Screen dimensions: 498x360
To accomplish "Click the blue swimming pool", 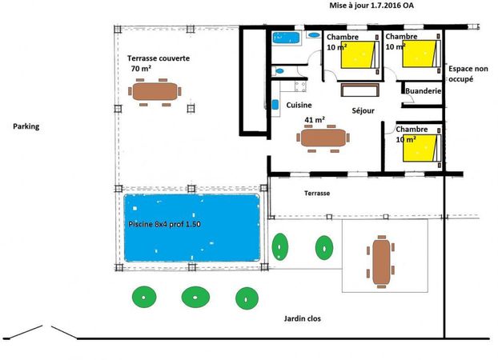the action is tap(192, 228).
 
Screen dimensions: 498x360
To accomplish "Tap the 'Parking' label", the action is tap(26, 126).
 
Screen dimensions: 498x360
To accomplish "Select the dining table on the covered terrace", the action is tap(155, 92).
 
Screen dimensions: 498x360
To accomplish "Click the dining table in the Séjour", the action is tap(323, 138).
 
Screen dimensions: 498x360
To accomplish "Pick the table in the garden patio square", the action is tap(381, 262).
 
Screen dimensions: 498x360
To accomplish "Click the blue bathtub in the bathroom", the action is tap(286, 38).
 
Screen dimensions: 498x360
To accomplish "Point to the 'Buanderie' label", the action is tap(424, 91).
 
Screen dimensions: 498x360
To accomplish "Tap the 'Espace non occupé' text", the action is tap(468, 74).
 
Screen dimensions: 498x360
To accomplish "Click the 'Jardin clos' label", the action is tap(303, 318).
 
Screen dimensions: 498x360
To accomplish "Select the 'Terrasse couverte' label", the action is tap(159, 58).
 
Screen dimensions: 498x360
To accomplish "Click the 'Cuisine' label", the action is tap(299, 105).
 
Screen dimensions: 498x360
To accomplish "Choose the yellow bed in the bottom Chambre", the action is tap(420, 148).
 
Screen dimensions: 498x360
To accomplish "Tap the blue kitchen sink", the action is tap(275, 105).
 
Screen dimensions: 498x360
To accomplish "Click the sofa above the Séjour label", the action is tap(360, 90).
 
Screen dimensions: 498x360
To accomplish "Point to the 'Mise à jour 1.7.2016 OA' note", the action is tap(371, 6).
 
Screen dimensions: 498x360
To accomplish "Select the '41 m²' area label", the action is tap(315, 120).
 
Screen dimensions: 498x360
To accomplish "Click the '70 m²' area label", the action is tap(141, 68).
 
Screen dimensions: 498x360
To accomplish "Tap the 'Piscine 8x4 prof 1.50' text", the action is tap(164, 224).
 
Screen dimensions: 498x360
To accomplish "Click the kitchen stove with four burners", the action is tap(300, 86).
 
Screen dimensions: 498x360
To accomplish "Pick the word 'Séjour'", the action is tap(363, 110).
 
